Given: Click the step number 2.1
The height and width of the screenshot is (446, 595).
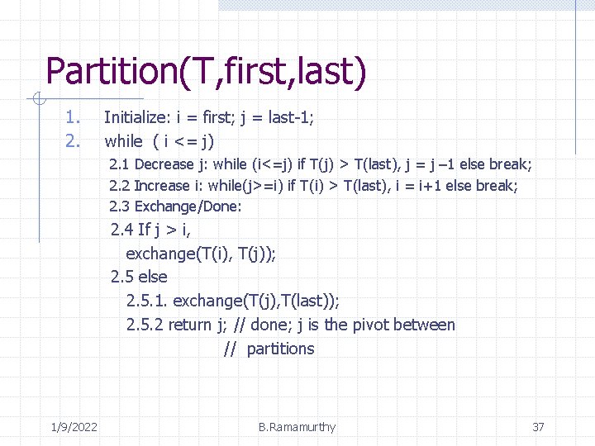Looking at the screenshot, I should [120, 164].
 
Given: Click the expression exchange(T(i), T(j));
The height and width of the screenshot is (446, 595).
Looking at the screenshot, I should [201, 254].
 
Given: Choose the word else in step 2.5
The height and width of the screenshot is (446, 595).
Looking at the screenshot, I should [153, 277].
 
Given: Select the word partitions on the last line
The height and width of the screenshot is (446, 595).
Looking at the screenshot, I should [280, 349].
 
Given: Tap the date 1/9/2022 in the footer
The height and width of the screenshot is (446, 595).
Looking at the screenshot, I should [73, 427].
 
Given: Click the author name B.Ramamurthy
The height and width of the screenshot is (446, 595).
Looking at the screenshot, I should [297, 427].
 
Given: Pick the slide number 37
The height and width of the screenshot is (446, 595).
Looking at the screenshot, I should [538, 427].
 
